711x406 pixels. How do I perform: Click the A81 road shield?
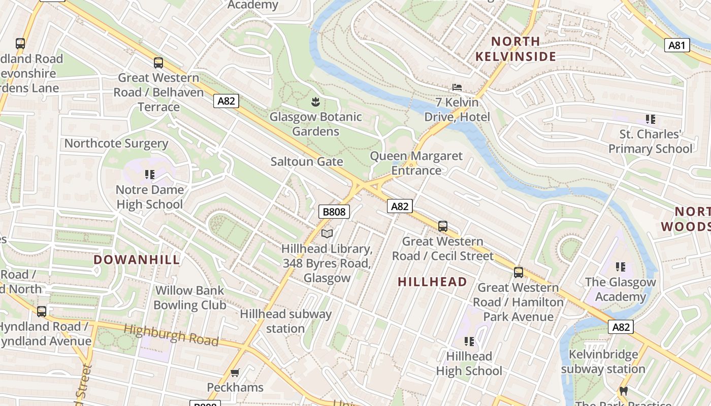point(677,45)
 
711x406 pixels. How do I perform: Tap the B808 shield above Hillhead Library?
point(334,212)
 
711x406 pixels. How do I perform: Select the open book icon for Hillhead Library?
point(328,233)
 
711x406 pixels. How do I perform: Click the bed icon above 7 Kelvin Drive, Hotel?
point(457,87)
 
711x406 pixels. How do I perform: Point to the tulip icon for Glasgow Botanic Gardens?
point(315,102)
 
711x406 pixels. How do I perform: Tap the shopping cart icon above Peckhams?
point(235,373)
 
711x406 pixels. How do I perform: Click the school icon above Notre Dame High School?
point(149,175)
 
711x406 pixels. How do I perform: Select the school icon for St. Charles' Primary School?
point(650,119)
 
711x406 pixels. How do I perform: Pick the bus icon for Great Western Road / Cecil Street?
point(443,226)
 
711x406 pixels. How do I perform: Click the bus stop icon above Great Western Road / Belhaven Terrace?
point(158,63)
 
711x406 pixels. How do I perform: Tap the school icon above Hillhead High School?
point(469,342)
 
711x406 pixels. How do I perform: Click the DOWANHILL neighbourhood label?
point(137,260)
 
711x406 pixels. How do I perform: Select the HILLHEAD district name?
point(432,282)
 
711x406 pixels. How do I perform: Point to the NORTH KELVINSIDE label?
point(515,49)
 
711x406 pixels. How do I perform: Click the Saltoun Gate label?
point(307,162)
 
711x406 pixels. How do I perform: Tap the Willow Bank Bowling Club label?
point(189,298)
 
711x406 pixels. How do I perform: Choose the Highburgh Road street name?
point(172,335)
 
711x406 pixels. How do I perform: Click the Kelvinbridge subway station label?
point(603,361)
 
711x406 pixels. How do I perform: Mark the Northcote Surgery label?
point(116,144)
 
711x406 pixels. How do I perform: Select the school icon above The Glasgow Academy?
point(620,267)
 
